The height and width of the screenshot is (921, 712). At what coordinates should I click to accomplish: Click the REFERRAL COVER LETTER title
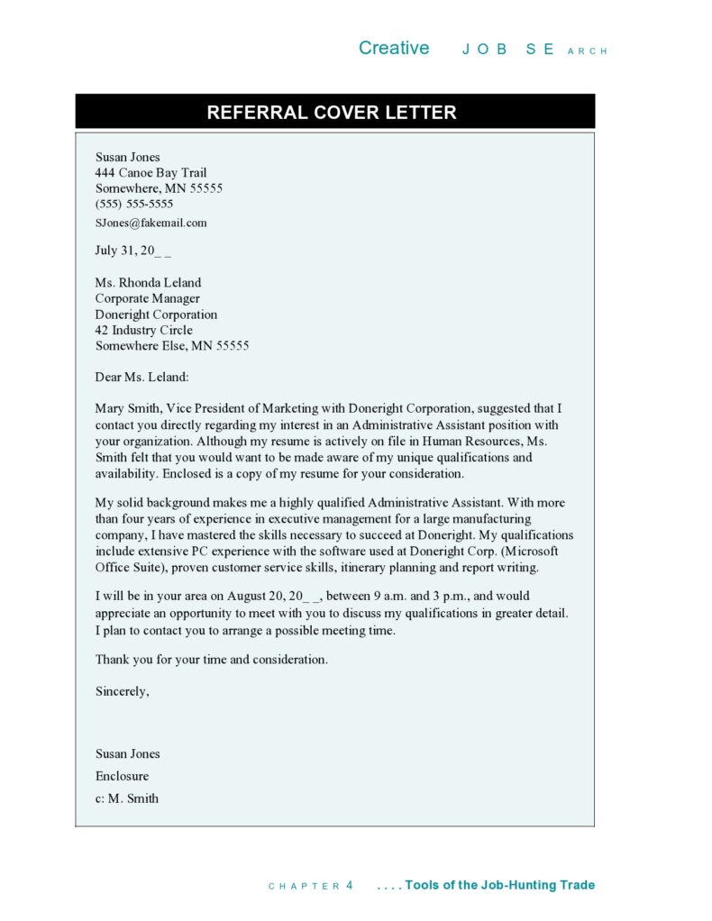pyautogui.click(x=332, y=113)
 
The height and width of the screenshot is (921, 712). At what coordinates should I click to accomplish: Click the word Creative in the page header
pyautogui.click(x=394, y=49)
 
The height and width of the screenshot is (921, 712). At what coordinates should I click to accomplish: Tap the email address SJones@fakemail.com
pyautogui.click(x=151, y=223)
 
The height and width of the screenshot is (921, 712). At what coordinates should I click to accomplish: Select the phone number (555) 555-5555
pyautogui.click(x=134, y=205)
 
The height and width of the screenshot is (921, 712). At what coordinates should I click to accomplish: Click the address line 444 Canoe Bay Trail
pyautogui.click(x=151, y=173)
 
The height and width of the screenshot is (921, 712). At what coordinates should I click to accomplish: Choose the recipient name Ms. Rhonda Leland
pyautogui.click(x=149, y=283)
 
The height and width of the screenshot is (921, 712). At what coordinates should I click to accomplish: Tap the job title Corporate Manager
pyautogui.click(x=148, y=298)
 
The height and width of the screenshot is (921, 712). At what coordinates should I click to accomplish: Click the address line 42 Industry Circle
pyautogui.click(x=144, y=330)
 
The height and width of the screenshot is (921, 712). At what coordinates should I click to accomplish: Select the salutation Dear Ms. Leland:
pyautogui.click(x=142, y=377)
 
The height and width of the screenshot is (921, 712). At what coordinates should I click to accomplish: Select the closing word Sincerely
pyautogui.click(x=122, y=691)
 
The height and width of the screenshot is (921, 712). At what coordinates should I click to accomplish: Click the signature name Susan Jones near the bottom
pyautogui.click(x=128, y=753)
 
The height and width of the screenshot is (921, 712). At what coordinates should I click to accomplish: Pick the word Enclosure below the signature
pyautogui.click(x=123, y=776)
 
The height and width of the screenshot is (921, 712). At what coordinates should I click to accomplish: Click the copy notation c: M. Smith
pyautogui.click(x=127, y=798)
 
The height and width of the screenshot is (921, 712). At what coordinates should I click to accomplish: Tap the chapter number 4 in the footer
pyautogui.click(x=350, y=886)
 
